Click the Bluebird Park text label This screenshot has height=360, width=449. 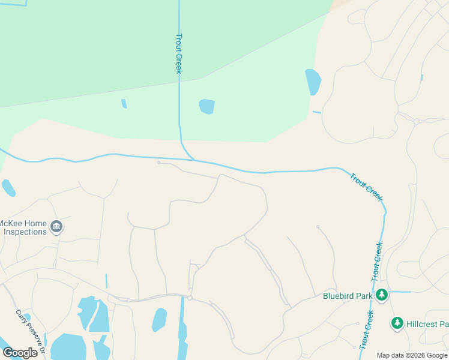pyautogui.click(x=348, y=295)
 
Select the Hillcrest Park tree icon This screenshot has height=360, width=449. pyautogui.click(x=397, y=323)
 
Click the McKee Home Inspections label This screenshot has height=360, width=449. pyautogui.click(x=24, y=227)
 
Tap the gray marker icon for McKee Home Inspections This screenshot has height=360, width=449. pyautogui.click(x=56, y=227)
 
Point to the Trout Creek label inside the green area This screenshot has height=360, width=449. pyautogui.click(x=178, y=53)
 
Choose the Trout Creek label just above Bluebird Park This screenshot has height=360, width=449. pyautogui.click(x=377, y=262)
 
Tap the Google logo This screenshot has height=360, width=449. pyautogui.click(x=20, y=352)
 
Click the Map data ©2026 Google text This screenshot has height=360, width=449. pyautogui.click(x=412, y=355)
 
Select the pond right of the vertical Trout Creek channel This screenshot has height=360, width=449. pyautogui.click(x=206, y=107)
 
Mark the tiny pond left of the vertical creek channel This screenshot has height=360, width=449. pyautogui.click(x=124, y=104)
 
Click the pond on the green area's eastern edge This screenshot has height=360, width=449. pyautogui.click(x=313, y=82)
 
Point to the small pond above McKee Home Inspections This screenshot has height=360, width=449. pyautogui.click(x=8, y=188)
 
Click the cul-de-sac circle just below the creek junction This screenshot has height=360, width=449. pyautogui.click(x=158, y=163)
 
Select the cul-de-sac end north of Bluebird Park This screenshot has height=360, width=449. pyautogui.click(x=318, y=227)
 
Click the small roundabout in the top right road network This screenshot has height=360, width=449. pyautogui.click(x=416, y=122)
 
